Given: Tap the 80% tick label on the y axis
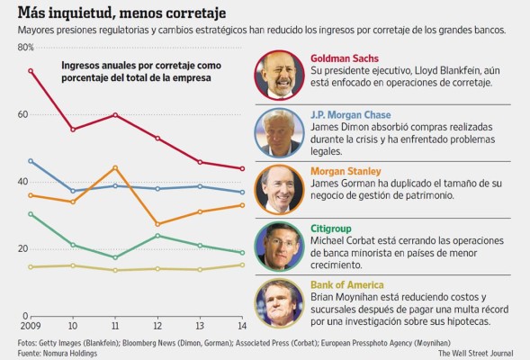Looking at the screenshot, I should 25,47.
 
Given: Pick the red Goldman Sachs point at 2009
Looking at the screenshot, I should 31,70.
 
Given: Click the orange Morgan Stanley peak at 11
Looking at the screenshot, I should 115,167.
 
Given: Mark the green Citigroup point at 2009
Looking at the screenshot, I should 31,214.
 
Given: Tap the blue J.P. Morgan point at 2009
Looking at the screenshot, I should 31,161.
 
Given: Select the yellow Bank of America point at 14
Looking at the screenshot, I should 241,265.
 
